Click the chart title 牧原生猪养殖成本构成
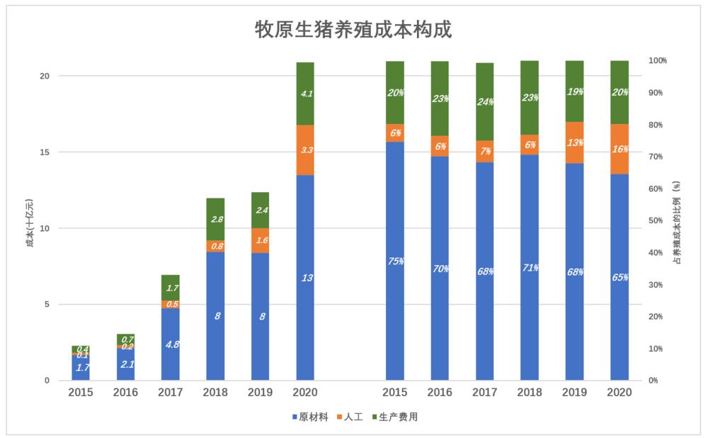(x=353, y=30)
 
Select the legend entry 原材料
(x=313, y=417)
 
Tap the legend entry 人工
(x=353, y=417)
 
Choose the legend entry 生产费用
(x=398, y=417)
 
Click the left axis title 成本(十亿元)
(x=29, y=228)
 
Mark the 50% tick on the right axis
(x=658, y=220)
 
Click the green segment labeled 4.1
(x=305, y=94)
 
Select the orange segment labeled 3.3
(x=305, y=150)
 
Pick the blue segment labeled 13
(x=305, y=278)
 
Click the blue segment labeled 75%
(x=395, y=261)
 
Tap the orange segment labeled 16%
(x=619, y=149)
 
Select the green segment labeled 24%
(x=485, y=101)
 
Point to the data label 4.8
(x=171, y=344)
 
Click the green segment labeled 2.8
(x=215, y=219)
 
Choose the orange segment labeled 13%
(x=575, y=142)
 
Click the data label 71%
(x=530, y=268)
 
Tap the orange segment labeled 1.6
(x=260, y=240)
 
